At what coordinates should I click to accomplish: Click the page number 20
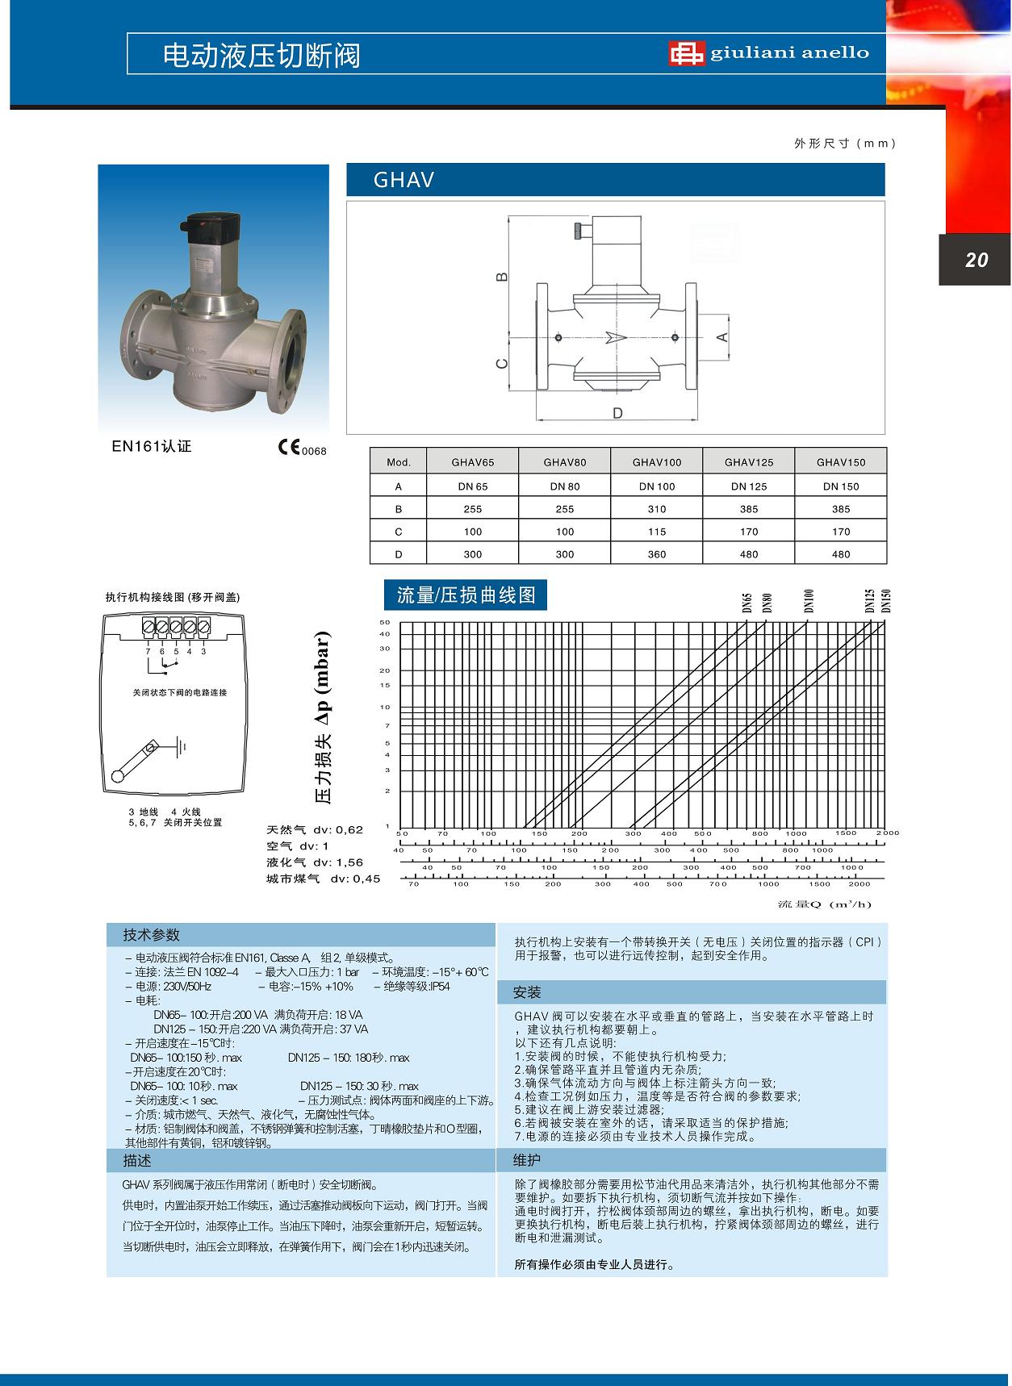click(976, 260)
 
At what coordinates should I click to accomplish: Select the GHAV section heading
click(404, 180)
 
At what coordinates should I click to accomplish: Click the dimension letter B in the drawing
click(502, 277)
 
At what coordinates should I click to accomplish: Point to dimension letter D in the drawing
click(617, 414)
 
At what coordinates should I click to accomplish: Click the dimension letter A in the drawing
click(723, 336)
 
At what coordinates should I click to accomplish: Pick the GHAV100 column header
click(657, 462)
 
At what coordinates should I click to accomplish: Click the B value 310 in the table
click(657, 509)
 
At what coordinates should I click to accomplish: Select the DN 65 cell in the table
click(473, 486)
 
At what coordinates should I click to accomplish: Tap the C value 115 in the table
click(657, 532)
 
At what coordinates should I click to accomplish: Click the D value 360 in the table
click(657, 554)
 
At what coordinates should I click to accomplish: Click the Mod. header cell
click(399, 462)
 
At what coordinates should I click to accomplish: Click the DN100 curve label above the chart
click(809, 601)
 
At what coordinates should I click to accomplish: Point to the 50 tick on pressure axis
click(385, 622)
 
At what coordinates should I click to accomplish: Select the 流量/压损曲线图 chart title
click(466, 595)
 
